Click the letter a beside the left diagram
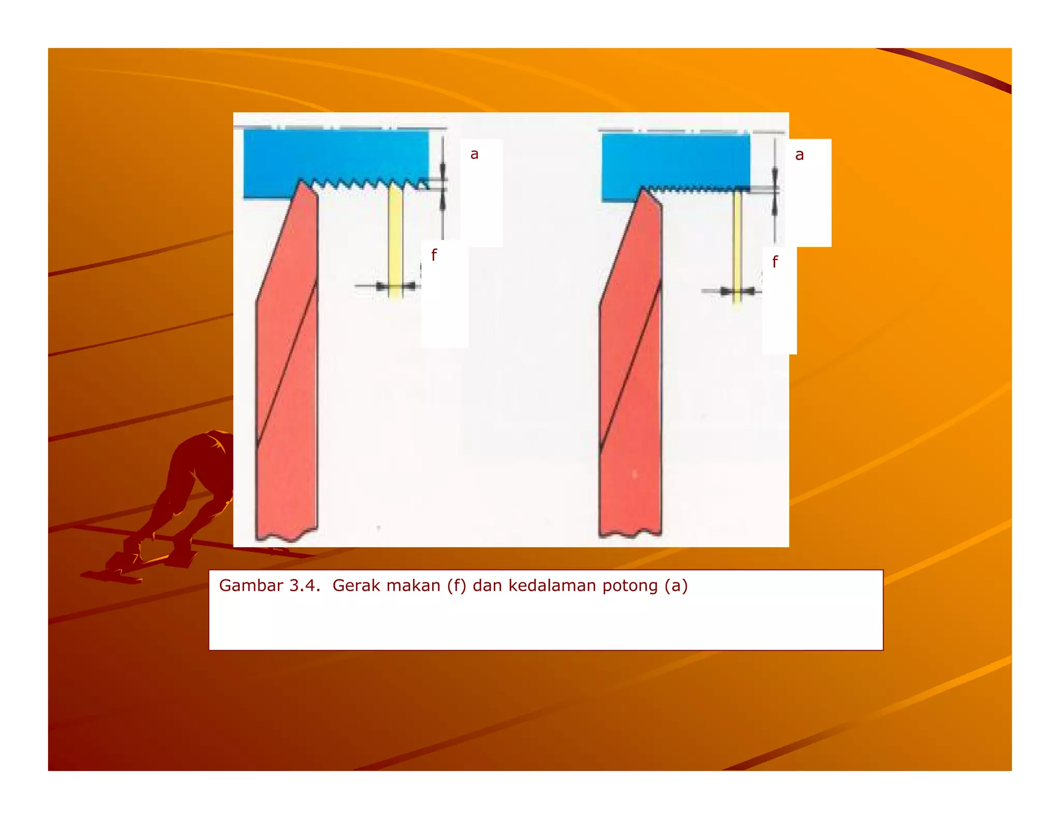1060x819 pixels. pyautogui.click(x=474, y=154)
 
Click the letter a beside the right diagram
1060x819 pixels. pyautogui.click(x=799, y=155)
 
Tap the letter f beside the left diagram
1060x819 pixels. pyautogui.click(x=434, y=255)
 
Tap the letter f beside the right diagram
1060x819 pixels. pyautogui.click(x=774, y=262)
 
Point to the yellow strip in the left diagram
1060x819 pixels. pyautogui.click(x=395, y=238)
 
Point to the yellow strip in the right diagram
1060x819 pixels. pyautogui.click(x=737, y=243)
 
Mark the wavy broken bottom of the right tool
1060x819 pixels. pyautogui.click(x=630, y=532)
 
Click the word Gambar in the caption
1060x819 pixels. pyautogui.click(x=251, y=586)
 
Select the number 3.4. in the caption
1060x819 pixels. pyautogui.click(x=304, y=586)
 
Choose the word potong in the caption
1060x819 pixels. pyautogui.click(x=630, y=586)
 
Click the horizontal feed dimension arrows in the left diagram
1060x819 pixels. pyautogui.click(x=395, y=286)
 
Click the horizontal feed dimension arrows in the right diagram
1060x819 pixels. pyautogui.click(x=737, y=292)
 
